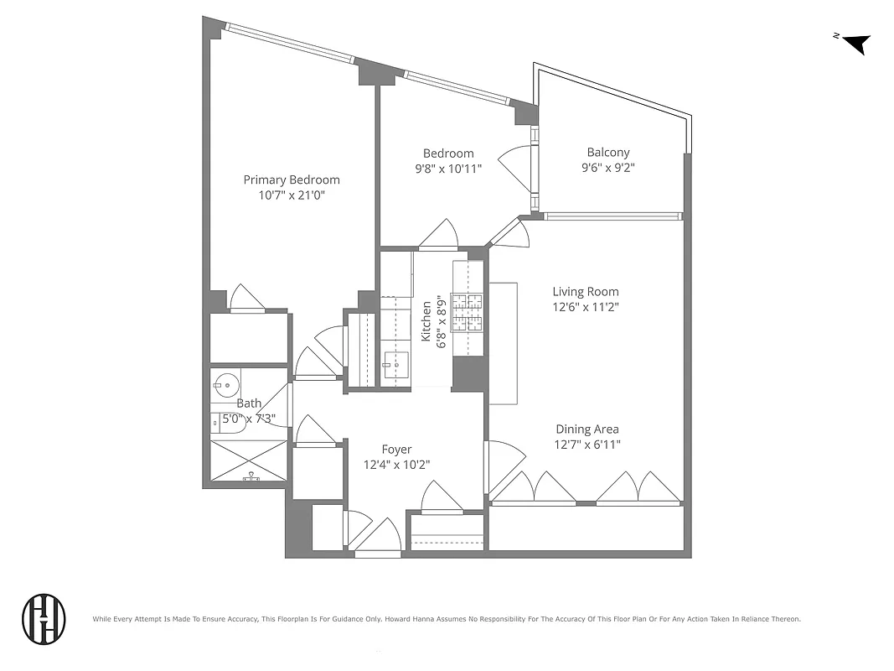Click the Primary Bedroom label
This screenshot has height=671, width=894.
click(x=292, y=179)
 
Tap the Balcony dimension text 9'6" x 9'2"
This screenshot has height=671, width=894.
click(x=607, y=167)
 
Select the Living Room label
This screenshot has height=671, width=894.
click(x=585, y=292)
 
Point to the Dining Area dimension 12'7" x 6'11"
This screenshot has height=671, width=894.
click(x=587, y=445)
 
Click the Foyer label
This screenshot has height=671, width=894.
click(x=396, y=450)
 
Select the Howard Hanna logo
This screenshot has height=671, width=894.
click(x=44, y=619)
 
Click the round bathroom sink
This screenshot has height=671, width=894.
click(x=225, y=388)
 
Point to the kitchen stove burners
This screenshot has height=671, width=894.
click(x=468, y=313)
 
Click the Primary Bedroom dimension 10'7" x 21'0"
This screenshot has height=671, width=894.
click(x=292, y=195)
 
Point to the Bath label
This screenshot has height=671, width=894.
click(x=249, y=403)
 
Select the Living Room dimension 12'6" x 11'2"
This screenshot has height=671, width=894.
click(x=585, y=307)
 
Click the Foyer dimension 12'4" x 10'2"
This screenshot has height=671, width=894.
click(x=396, y=465)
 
